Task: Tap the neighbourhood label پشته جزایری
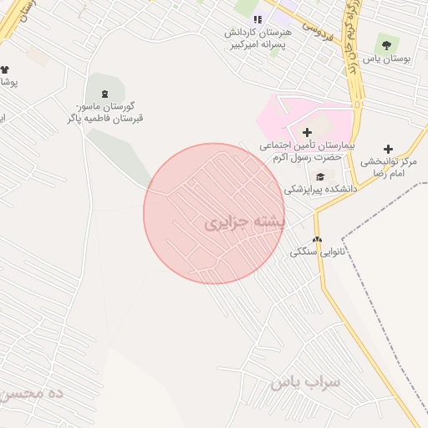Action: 245,223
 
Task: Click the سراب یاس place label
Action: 306,383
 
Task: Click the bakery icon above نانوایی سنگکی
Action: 317,239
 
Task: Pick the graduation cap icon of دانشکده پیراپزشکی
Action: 321,176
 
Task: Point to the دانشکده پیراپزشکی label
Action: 321,190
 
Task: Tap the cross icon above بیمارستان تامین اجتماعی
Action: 307,132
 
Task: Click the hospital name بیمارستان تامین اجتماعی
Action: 307,151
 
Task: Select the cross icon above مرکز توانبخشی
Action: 388,149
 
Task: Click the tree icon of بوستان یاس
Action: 385,43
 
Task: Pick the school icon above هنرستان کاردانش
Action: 258,18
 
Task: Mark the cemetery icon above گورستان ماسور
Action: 104,94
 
